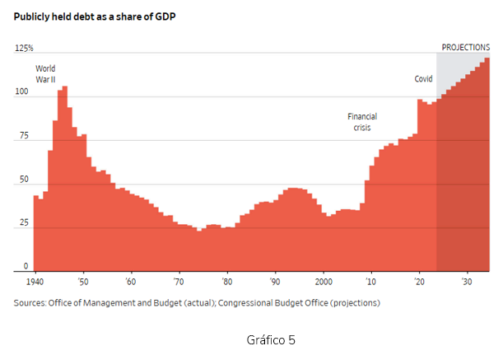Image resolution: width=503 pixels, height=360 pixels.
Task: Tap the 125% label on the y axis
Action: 24,49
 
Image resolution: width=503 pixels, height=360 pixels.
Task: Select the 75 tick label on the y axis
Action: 24,136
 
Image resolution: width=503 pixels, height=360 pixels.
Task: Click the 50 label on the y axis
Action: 24,180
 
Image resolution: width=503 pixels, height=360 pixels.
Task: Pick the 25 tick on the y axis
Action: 24,223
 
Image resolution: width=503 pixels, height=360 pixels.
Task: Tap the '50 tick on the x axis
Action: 83,282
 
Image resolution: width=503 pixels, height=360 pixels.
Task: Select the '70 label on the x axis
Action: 179,282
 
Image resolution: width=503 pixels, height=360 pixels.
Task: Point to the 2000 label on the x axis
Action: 324,282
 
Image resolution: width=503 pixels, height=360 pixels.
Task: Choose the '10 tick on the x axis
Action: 371,282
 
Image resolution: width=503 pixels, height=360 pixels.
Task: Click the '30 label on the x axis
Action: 467,282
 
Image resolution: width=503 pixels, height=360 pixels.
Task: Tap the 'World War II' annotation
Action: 45,73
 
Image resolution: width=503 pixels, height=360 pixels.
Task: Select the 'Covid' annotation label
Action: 423,80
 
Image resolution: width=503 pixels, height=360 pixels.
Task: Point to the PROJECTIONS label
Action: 465,48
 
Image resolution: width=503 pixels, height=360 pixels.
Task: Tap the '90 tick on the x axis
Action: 275,282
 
